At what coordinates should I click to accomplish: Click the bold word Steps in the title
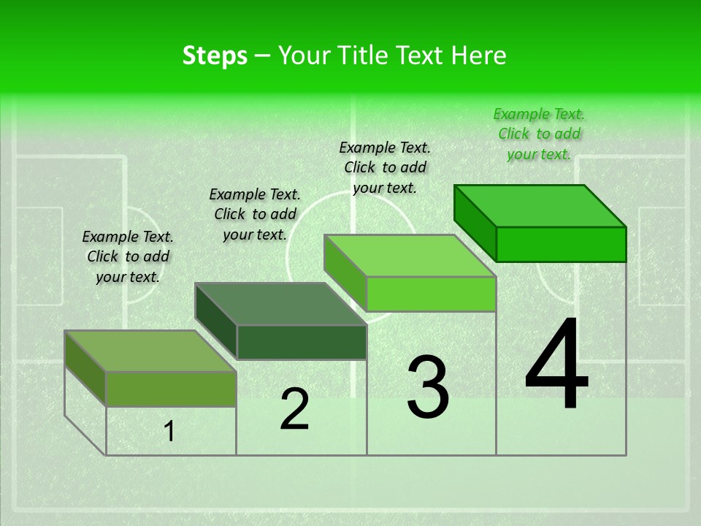[215, 56]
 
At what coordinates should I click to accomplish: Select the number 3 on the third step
[428, 387]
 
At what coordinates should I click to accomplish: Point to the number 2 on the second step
[294, 409]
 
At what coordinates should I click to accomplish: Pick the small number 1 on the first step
[169, 432]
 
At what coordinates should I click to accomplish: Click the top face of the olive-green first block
[150, 351]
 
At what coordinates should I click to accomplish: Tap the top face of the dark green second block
[280, 304]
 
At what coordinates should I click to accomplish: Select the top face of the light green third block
[410, 256]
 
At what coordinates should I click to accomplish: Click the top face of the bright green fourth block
[540, 206]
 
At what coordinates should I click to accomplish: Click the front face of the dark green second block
[302, 343]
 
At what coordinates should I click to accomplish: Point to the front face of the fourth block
[561, 244]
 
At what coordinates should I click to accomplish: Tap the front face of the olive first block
[171, 389]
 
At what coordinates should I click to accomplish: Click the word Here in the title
[478, 56]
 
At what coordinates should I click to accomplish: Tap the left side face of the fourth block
[475, 222]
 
